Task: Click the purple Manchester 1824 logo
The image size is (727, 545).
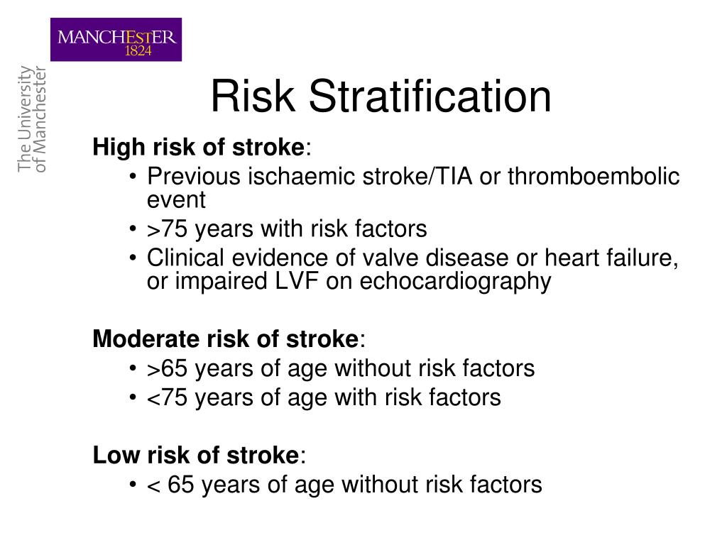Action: [116, 40]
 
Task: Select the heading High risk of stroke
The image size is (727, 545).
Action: [199, 148]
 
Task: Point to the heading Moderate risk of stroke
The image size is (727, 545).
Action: [226, 339]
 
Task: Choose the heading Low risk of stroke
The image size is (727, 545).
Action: [196, 455]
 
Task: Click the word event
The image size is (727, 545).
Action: [176, 200]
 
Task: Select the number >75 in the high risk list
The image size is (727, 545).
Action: [168, 229]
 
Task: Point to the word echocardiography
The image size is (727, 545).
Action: [455, 282]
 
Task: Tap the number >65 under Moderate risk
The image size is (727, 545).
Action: [168, 368]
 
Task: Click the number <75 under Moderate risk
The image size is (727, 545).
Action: [168, 397]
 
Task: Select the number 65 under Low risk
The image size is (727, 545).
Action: [181, 485]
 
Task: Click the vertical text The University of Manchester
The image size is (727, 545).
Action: [31, 119]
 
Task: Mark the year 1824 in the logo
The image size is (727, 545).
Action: [138, 51]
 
